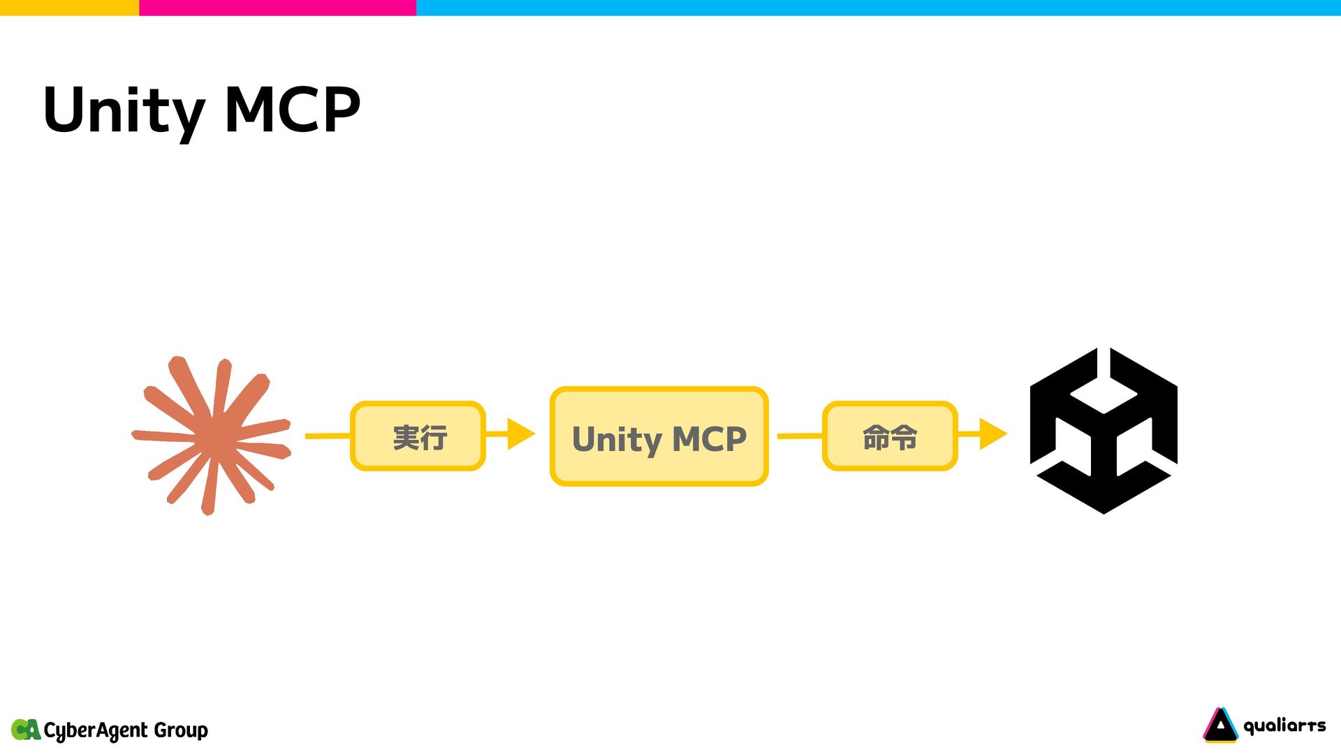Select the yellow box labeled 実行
point(418,436)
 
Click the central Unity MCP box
point(659,436)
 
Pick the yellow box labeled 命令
point(889,436)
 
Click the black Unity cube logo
point(1104,431)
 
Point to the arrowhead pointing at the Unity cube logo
point(992,434)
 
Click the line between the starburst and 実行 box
point(328,436)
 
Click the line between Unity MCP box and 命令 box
point(800,436)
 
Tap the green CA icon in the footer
point(26,730)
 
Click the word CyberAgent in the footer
point(96,730)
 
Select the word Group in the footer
point(181,730)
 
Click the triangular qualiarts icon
point(1220,725)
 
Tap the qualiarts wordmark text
point(1284,726)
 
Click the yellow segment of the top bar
point(69,8)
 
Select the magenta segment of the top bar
point(277,8)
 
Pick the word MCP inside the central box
point(709,439)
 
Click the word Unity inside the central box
point(617,440)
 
